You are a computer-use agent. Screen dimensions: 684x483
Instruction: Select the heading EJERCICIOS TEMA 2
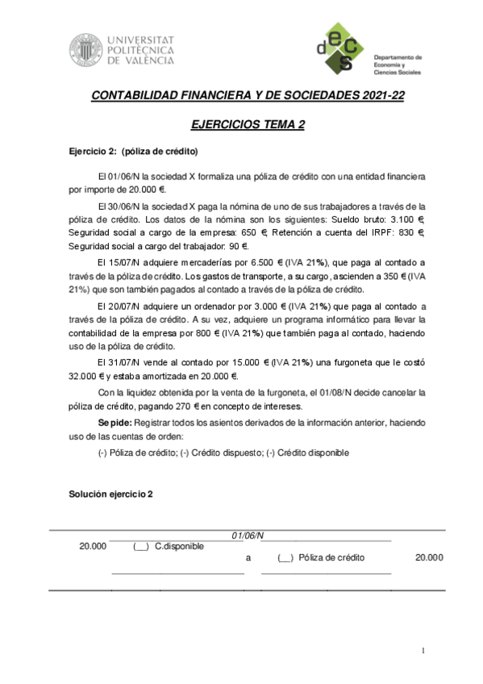click(x=248, y=125)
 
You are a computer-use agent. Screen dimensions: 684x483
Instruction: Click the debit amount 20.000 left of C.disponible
click(x=93, y=546)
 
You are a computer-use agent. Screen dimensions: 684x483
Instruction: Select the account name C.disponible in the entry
click(x=179, y=546)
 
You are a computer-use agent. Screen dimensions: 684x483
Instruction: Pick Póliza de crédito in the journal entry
click(x=331, y=557)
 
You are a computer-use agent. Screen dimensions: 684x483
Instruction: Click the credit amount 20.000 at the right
click(x=428, y=557)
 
